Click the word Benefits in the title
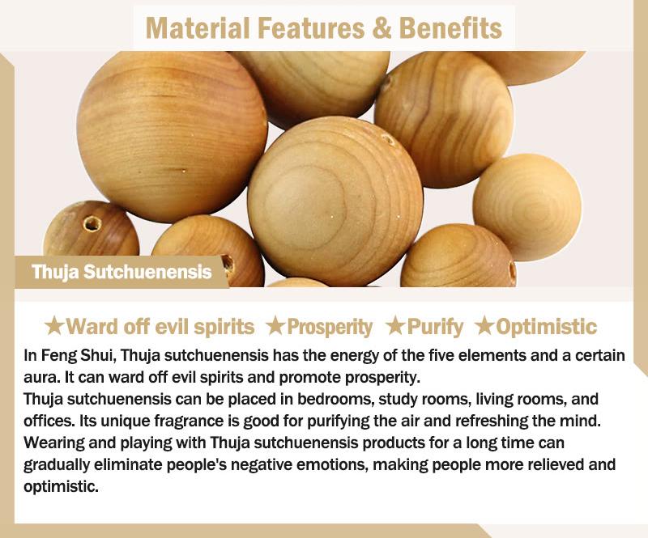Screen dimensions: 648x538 [450, 28]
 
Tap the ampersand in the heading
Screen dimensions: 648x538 [381, 28]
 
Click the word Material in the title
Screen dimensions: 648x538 [198, 28]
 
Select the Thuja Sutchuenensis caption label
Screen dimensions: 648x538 [122, 272]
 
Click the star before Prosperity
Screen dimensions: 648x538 [275, 326]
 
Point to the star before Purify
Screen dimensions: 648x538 [395, 326]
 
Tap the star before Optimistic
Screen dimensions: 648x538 [484, 326]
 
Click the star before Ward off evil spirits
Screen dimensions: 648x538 [54, 326]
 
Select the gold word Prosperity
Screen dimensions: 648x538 [330, 328]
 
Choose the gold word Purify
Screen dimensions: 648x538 [435, 328]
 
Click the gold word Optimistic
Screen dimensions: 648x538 [546, 327]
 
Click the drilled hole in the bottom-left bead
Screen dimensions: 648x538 [92, 224]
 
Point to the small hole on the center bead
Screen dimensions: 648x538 [388, 140]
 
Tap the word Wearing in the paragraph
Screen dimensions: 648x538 [53, 443]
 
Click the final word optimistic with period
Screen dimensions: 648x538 [62, 487]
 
